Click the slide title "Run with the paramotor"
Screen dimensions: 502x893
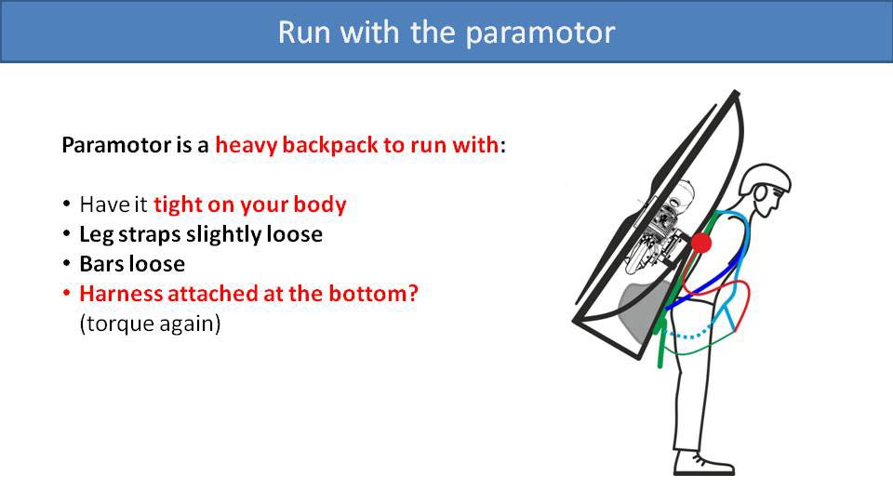(x=446, y=32)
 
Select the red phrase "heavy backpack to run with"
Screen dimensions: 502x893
(x=357, y=146)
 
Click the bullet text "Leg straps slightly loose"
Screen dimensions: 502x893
(x=201, y=234)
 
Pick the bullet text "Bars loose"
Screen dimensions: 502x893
(x=132, y=264)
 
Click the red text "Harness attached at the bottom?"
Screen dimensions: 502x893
(x=249, y=294)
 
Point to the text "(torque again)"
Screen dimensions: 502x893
(x=150, y=324)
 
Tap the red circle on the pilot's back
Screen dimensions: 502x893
(x=701, y=244)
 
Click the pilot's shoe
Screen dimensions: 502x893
(x=705, y=462)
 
